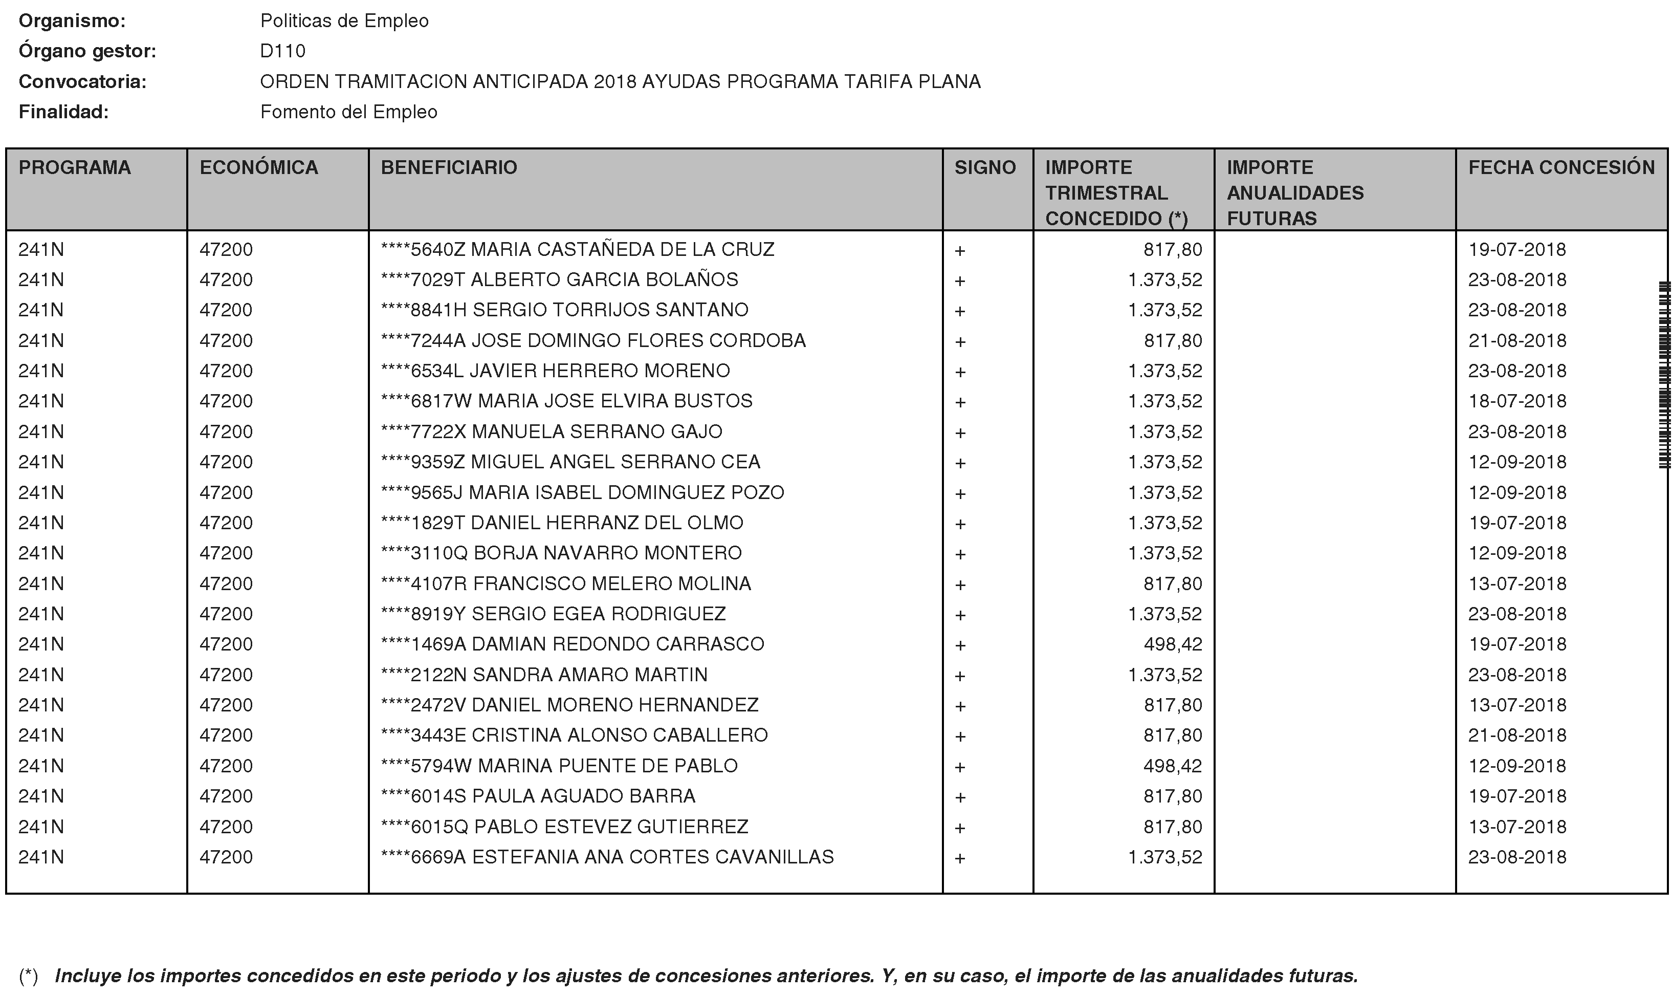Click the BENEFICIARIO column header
(449, 167)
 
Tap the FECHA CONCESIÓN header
(1561, 167)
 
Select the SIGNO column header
(985, 167)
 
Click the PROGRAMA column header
(75, 167)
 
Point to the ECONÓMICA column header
(259, 167)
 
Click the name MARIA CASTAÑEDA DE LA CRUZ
(623, 249)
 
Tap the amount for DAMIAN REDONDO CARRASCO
(1173, 644)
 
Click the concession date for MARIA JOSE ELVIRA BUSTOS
(1517, 401)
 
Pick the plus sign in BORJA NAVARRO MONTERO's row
(960, 554)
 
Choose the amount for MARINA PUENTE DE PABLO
(1173, 766)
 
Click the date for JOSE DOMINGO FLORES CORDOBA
(1517, 340)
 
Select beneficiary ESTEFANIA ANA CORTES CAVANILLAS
(653, 857)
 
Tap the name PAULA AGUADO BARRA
(584, 796)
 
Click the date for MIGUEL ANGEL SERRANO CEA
(1517, 462)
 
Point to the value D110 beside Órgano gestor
(283, 51)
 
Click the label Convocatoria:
(82, 82)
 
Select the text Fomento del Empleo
(348, 112)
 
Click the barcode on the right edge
(1664, 376)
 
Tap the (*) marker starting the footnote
(28, 976)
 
